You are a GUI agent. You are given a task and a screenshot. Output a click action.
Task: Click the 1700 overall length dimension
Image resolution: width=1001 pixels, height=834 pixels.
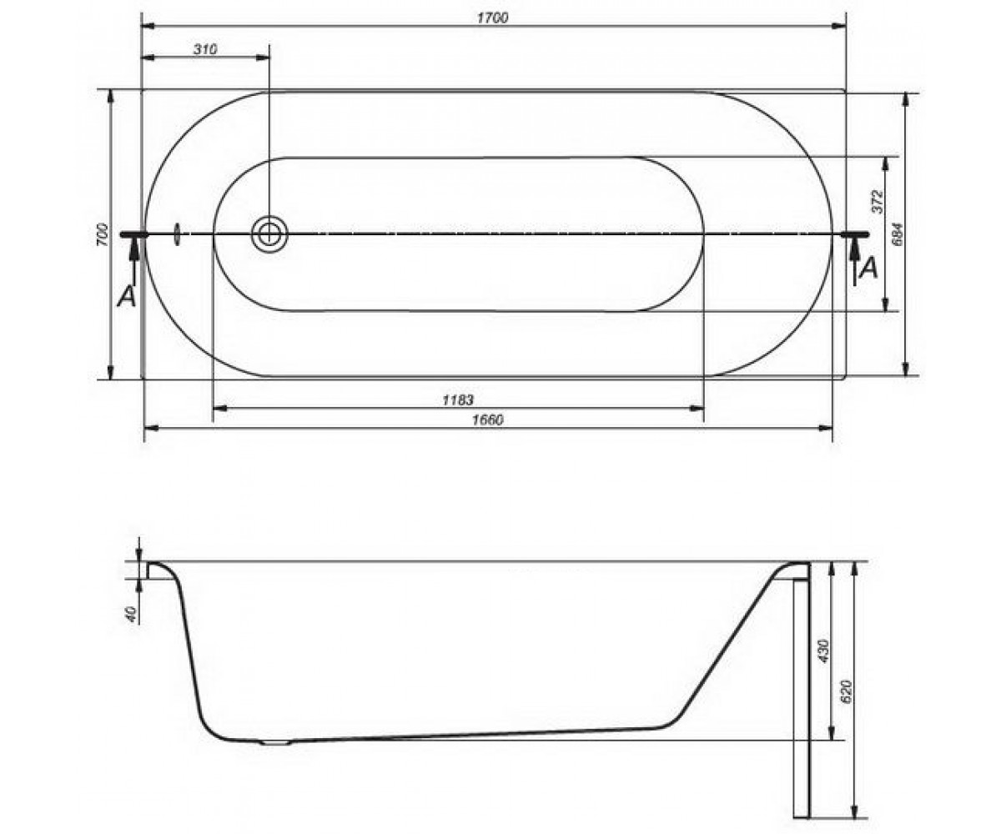click(493, 18)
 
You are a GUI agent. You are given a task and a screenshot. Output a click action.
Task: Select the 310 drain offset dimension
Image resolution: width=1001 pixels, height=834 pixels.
click(206, 49)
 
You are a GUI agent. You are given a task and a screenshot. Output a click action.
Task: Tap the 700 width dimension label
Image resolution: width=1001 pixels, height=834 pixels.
click(102, 234)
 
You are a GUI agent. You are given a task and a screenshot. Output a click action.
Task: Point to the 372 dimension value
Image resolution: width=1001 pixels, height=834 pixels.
click(877, 202)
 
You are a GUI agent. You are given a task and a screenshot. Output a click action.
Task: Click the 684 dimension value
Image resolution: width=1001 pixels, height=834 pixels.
click(898, 234)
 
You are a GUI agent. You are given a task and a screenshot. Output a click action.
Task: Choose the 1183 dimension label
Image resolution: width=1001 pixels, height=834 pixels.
click(458, 399)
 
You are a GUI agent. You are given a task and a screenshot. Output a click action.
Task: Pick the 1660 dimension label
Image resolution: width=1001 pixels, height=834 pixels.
click(487, 420)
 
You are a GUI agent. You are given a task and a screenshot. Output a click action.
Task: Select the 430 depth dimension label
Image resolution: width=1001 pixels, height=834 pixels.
click(823, 651)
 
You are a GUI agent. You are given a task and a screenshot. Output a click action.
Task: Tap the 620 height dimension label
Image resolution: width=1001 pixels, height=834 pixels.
click(847, 691)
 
